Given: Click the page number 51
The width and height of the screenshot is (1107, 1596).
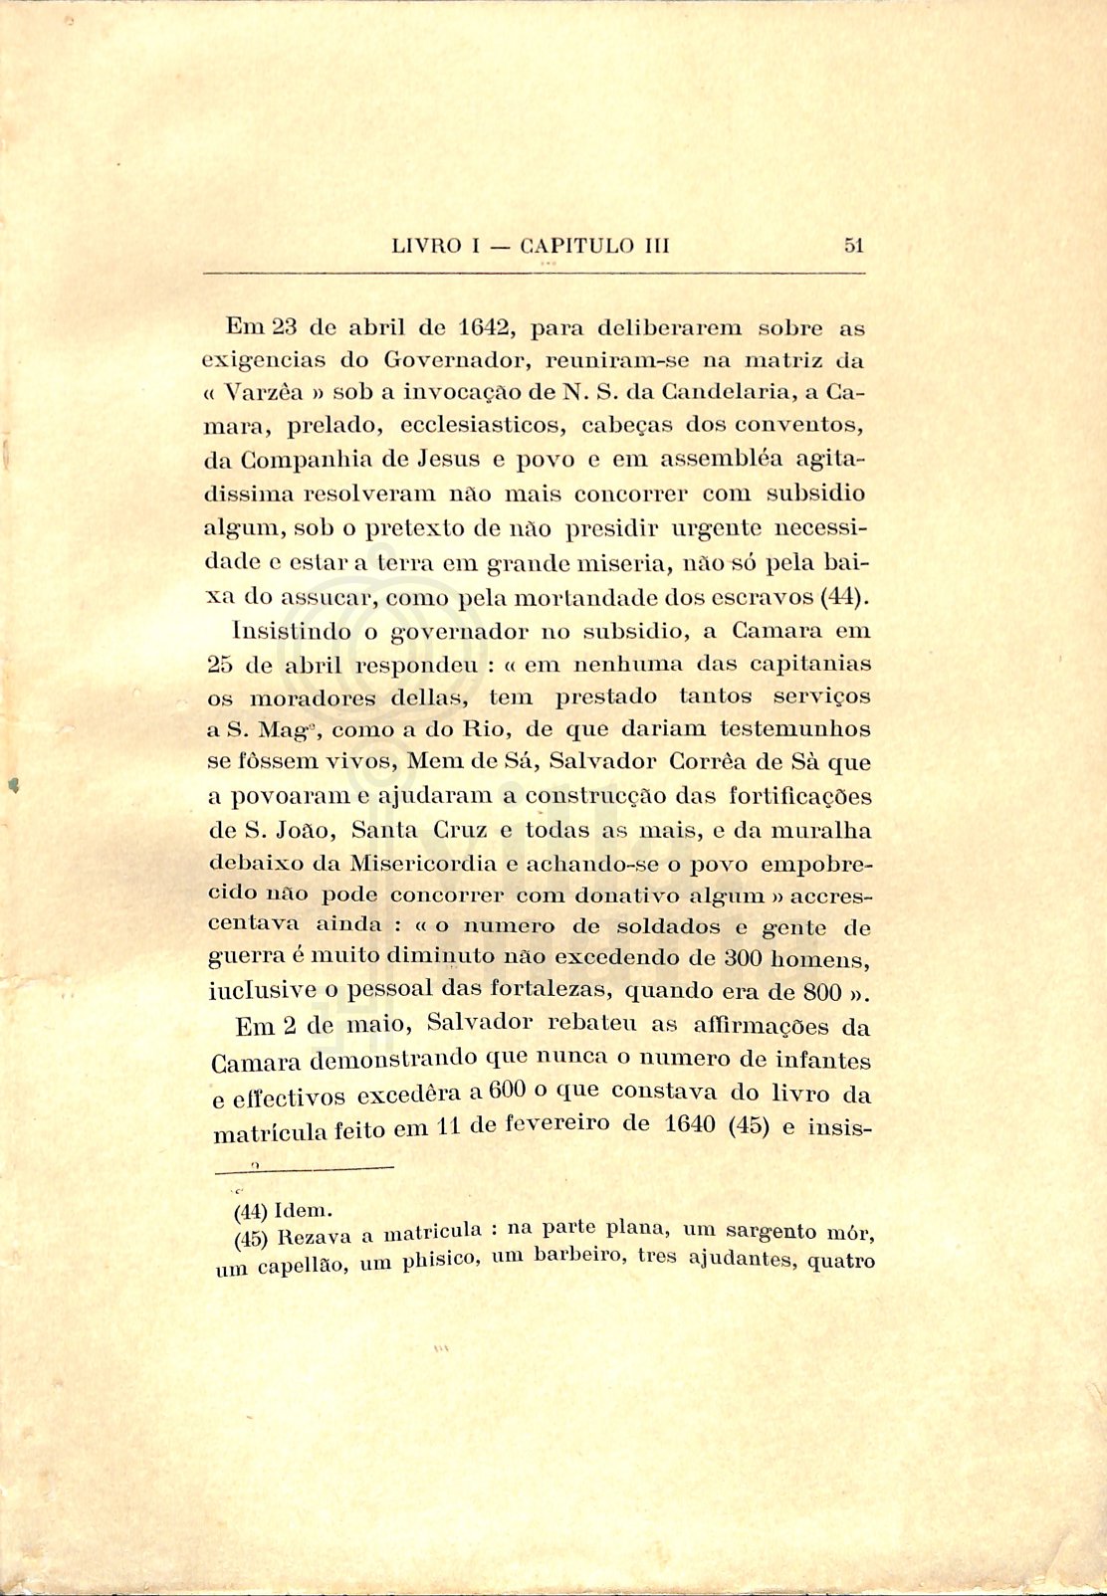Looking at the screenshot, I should pyautogui.click(x=853, y=246).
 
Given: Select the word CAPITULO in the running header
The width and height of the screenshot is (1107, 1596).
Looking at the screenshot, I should pyautogui.click(x=577, y=246).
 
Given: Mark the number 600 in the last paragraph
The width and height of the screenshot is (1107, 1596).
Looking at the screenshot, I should pyautogui.click(x=507, y=1092).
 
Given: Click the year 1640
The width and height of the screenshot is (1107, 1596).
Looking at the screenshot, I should pyautogui.click(x=689, y=1125).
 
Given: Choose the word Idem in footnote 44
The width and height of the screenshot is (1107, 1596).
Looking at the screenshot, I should pyautogui.click(x=302, y=1211).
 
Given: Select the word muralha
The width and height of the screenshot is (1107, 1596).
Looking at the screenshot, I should pyautogui.click(x=822, y=831).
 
